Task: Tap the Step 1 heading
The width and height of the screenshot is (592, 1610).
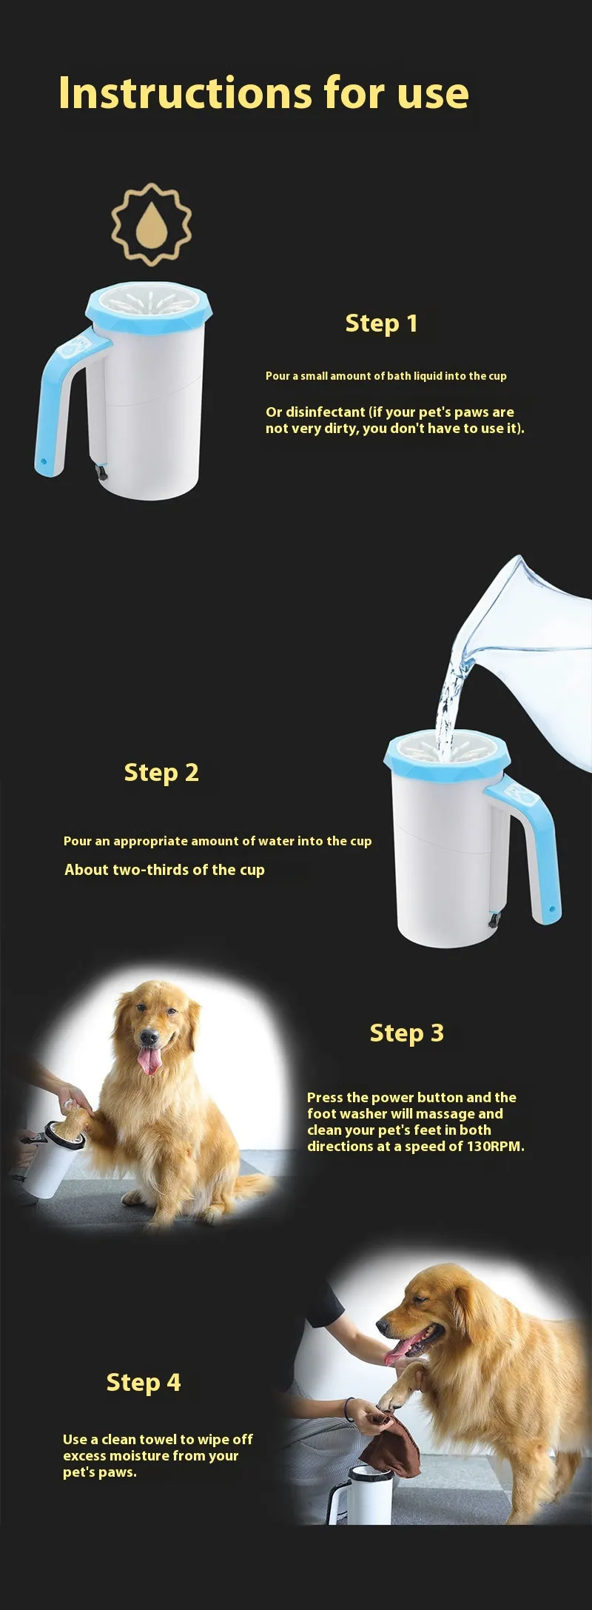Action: [x=382, y=323]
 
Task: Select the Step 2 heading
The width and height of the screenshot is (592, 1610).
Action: [x=161, y=773]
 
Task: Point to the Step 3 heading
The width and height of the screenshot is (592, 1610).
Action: [x=406, y=1033]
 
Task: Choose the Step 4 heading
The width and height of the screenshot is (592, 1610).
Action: [x=144, y=1383]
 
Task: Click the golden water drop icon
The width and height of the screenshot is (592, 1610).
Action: [x=152, y=224]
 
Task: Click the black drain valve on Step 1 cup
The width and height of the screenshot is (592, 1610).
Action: [x=101, y=470]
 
